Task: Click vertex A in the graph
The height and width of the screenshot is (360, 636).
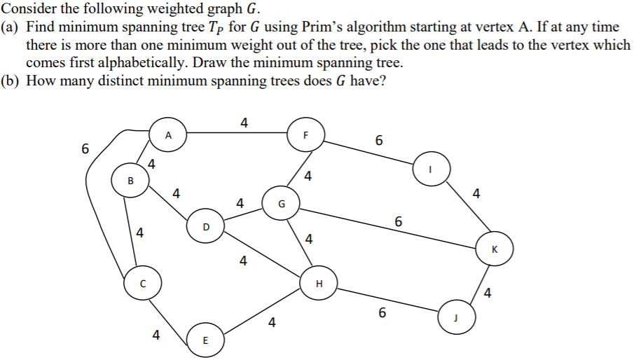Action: pos(168,136)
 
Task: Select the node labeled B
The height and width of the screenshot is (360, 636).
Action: pos(130,181)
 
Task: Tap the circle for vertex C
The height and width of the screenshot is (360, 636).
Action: pos(142,284)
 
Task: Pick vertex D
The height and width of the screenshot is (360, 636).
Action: pos(205,226)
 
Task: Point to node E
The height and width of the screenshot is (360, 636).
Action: pos(205,341)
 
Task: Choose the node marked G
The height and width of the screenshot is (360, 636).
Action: pos(281,205)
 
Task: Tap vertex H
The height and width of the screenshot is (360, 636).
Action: pos(319,284)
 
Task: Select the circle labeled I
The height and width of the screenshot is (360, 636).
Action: pos(431,169)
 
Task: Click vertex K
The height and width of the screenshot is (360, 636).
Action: pos(494,249)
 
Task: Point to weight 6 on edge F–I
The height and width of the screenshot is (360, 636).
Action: pos(379,140)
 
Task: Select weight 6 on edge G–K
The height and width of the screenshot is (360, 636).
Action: pos(398,221)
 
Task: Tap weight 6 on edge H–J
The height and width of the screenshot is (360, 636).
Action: pos(382,312)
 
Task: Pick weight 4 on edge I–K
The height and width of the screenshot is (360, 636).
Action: pos(476,193)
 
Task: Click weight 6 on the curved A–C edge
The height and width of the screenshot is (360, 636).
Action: pos(85,149)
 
